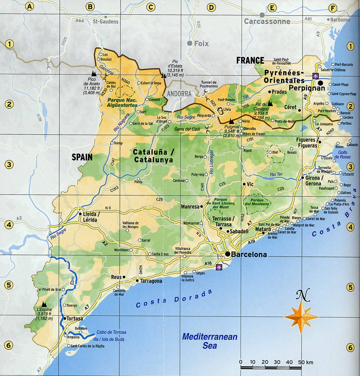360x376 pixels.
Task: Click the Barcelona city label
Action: (249, 255)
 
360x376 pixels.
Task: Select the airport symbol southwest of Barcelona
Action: (219, 267)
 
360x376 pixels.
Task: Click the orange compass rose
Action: (301, 317)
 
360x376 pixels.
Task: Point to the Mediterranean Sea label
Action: (210, 341)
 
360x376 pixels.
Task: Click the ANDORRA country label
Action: (179, 94)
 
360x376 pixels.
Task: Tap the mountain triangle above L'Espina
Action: (44, 304)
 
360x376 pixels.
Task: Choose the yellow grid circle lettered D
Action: (211, 7)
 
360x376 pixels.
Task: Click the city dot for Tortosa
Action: (65, 318)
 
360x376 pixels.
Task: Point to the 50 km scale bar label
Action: (306, 363)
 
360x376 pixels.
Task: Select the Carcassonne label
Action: (267, 21)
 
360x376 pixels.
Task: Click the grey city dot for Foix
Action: (190, 43)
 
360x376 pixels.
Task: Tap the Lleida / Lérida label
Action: (90, 217)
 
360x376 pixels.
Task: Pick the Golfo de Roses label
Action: (342, 154)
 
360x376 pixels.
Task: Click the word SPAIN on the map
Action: (82, 157)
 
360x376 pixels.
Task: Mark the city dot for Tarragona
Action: (137, 281)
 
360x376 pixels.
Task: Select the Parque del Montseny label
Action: (257, 202)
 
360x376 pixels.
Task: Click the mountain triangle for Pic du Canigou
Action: (270, 103)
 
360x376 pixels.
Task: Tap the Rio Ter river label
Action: (276, 174)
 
